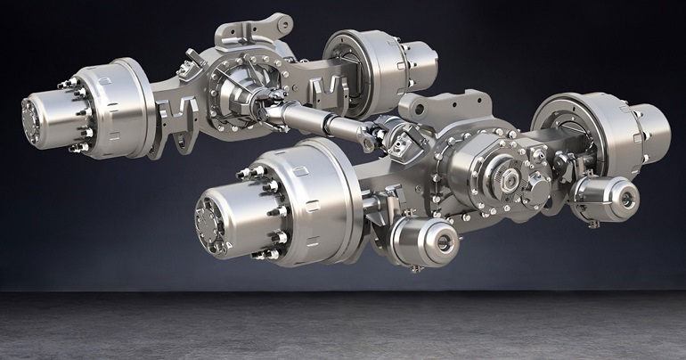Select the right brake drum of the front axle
click(579, 129)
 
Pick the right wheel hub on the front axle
click(649, 134)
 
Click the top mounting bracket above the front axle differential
click(445, 106)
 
